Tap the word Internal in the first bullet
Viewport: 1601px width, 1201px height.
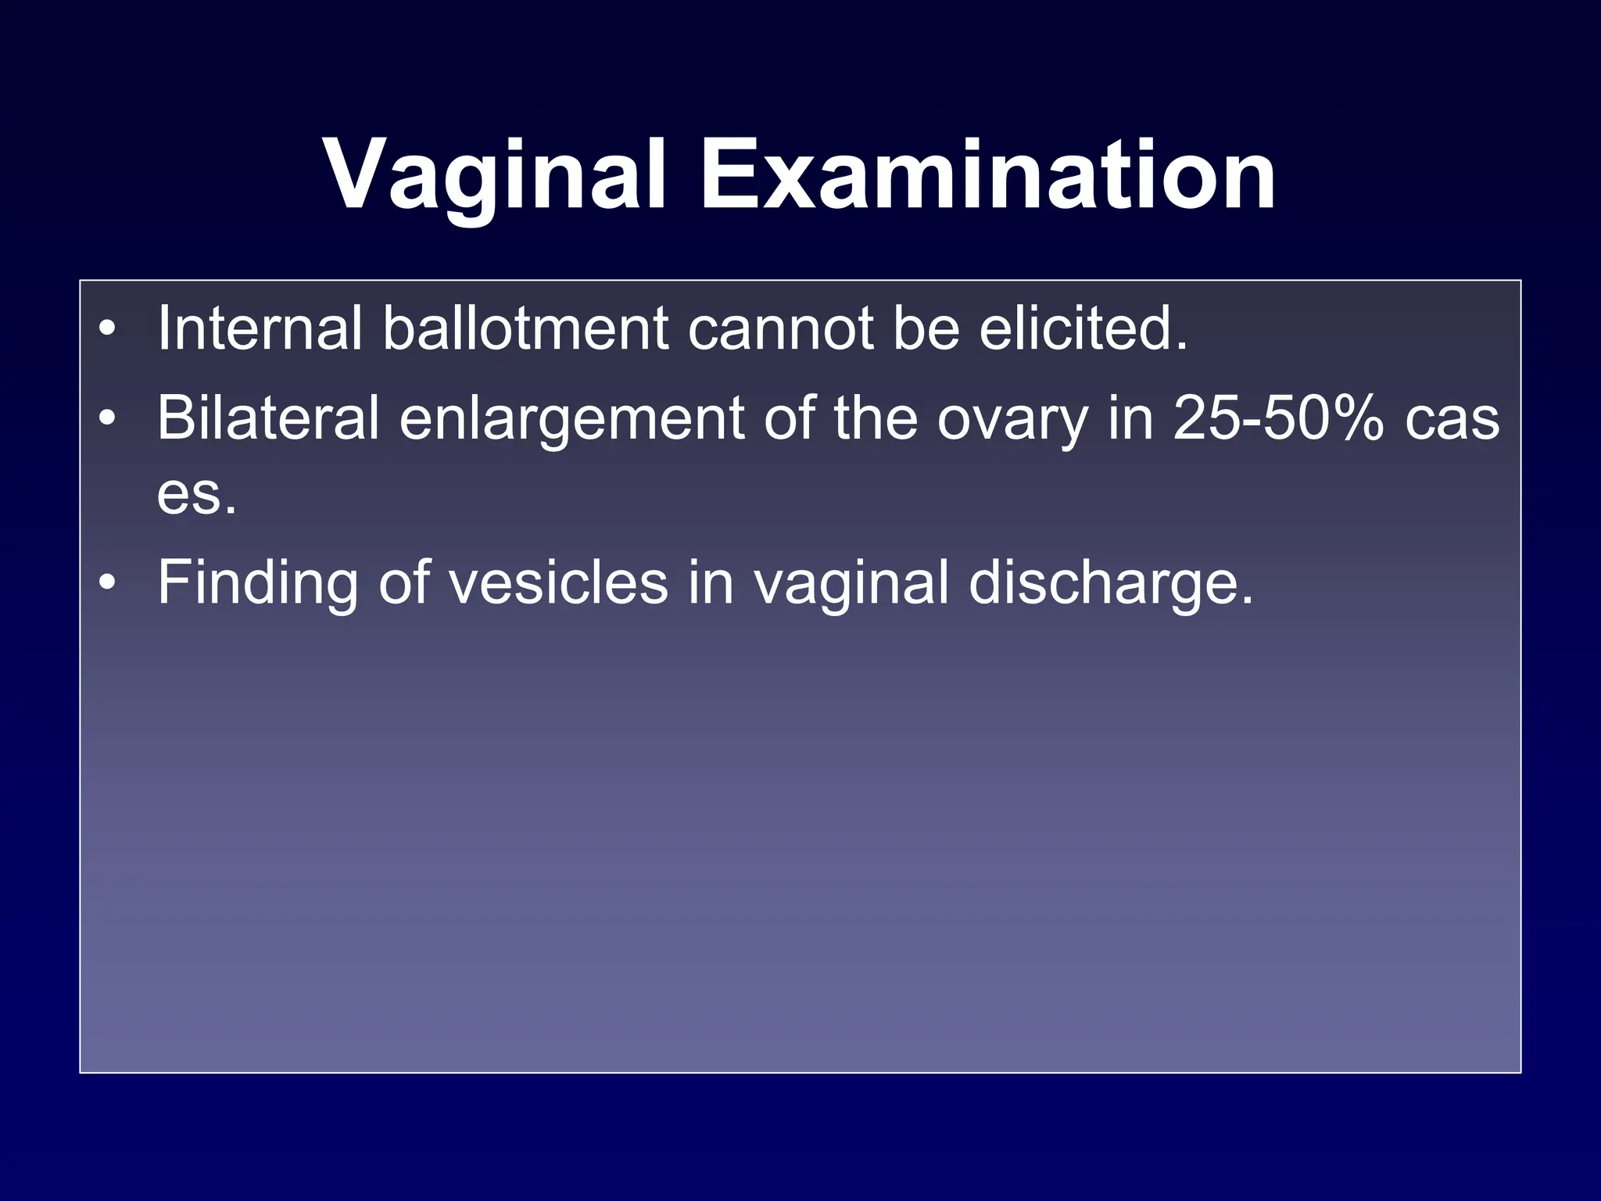(x=260, y=328)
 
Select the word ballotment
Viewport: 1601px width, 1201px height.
(x=525, y=328)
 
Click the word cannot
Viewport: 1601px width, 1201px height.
(x=779, y=328)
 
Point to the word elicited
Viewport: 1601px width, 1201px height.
(x=1083, y=328)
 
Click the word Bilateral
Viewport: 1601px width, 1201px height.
(x=268, y=418)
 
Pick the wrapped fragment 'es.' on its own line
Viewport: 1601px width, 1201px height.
(x=196, y=494)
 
